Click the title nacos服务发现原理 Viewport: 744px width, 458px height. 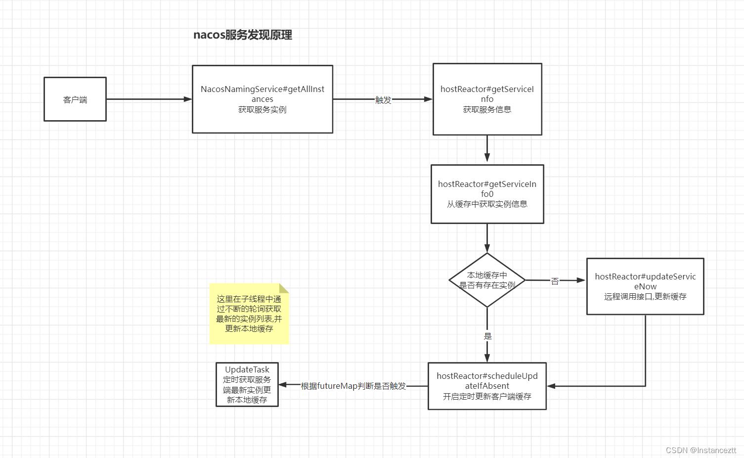242,35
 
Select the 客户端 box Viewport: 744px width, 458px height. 75,99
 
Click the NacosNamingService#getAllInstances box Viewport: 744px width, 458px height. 263,99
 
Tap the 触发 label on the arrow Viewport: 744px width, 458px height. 383,100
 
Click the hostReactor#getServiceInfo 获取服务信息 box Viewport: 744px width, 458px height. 487,99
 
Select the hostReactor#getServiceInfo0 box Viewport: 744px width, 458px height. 487,194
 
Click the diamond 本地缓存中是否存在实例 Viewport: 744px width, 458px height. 487,280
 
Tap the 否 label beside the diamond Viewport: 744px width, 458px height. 555,281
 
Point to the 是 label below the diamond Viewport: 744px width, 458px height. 487,336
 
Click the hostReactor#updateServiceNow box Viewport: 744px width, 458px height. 645,286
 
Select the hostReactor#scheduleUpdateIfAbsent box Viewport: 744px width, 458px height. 487,386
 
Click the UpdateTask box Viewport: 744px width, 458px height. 247,385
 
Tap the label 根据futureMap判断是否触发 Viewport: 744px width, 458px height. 353,386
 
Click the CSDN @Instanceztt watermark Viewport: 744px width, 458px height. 700,450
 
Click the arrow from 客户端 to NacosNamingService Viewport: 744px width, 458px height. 148,99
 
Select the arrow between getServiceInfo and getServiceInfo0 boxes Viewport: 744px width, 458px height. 487,148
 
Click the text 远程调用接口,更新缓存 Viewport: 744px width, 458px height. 645,297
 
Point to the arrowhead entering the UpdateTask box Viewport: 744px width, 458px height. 282,385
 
